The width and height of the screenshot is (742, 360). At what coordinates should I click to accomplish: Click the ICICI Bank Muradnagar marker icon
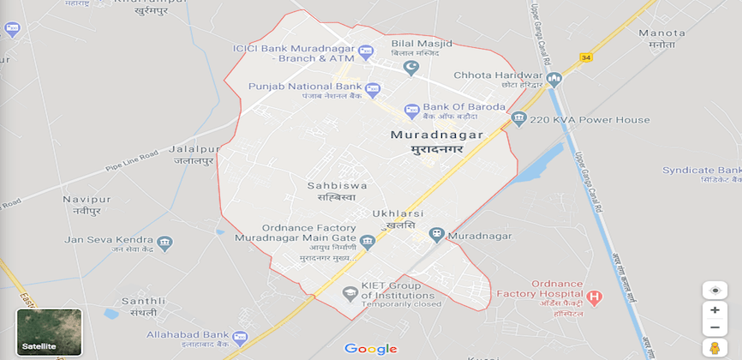pos(365,52)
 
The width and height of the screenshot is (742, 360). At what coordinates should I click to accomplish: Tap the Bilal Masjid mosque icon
pos(412,68)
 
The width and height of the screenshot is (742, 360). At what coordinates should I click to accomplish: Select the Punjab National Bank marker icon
pos(373,89)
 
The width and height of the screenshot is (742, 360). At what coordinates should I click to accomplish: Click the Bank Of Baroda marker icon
pos(412,111)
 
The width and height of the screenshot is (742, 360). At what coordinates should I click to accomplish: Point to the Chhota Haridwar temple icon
pos(554,81)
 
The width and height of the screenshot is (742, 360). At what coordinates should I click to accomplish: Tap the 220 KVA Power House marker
pos(518,118)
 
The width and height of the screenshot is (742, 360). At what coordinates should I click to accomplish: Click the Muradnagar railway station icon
pos(437,235)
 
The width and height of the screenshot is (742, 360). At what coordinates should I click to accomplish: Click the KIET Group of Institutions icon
pos(350,294)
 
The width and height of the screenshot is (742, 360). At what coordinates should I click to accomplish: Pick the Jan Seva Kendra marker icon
pos(165,243)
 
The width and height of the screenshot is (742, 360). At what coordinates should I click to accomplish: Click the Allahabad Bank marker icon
pos(240,338)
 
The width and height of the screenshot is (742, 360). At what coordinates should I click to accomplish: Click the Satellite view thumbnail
pos(50,332)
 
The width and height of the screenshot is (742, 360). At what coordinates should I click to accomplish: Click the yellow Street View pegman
pos(714,347)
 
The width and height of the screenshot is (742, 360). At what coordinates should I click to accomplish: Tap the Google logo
pos(370,348)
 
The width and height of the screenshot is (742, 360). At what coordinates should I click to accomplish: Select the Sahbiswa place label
pos(337,185)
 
